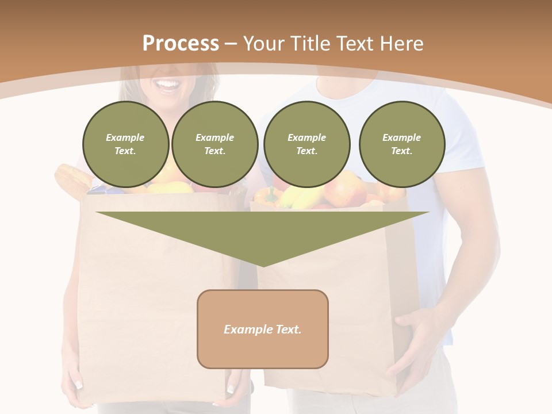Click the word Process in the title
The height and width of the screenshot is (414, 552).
click(x=181, y=44)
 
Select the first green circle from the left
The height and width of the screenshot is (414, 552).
click(x=125, y=144)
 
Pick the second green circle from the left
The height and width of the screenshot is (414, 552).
click(x=214, y=144)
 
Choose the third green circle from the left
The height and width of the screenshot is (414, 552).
click(x=306, y=144)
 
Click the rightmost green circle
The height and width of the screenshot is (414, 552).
click(x=401, y=144)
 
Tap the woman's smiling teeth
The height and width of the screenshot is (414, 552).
click(x=168, y=86)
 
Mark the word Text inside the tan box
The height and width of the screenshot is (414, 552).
click(x=287, y=329)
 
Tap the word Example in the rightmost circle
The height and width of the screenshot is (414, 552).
click(x=401, y=137)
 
